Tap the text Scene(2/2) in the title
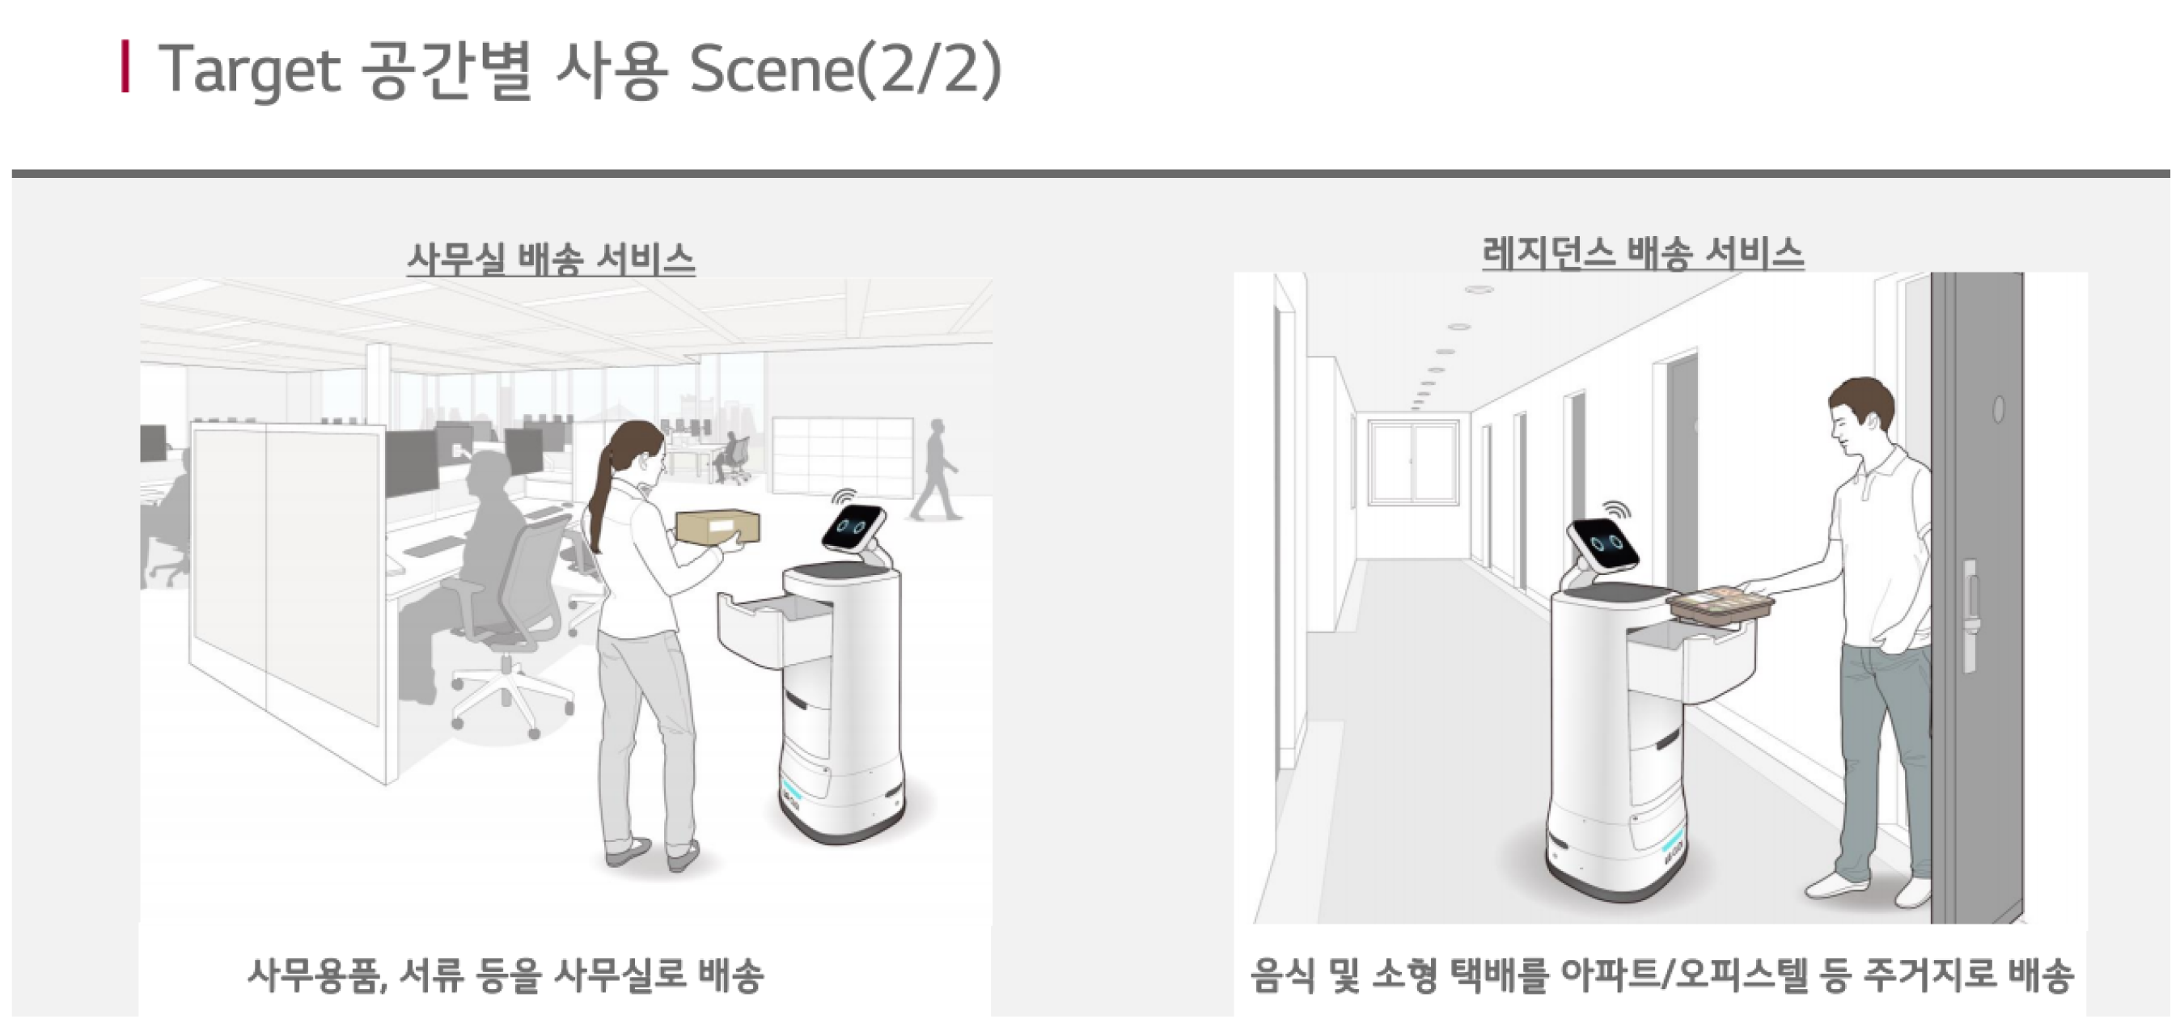point(845,70)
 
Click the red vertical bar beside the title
point(125,66)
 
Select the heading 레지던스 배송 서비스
point(1643,252)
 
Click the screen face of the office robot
point(853,527)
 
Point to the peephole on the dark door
point(1998,409)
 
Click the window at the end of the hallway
point(1414,462)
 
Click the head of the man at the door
point(1860,419)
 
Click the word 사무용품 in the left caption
point(318,975)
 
